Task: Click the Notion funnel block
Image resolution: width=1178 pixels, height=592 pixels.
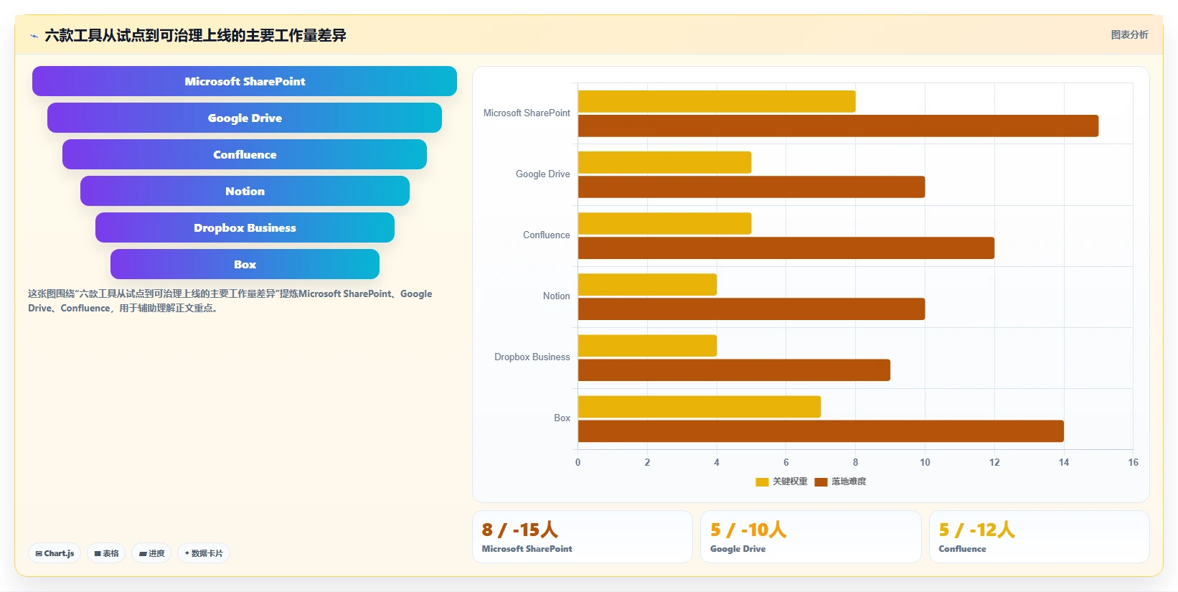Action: point(245,191)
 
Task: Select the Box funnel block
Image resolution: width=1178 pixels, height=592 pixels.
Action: point(245,264)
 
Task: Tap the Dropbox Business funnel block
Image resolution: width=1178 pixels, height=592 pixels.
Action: point(245,227)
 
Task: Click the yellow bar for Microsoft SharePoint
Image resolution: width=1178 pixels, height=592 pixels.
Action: point(716,102)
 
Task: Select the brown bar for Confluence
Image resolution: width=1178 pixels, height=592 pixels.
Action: point(786,248)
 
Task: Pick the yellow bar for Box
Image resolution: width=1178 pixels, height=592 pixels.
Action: point(699,407)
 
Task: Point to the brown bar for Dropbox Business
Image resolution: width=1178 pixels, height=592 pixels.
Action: point(734,370)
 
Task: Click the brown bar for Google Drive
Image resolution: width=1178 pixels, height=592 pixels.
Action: point(752,187)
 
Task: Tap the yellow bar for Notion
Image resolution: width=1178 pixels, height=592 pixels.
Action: point(647,285)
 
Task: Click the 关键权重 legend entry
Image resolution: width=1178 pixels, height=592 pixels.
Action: point(781,481)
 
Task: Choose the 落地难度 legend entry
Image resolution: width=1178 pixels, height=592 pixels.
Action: point(840,481)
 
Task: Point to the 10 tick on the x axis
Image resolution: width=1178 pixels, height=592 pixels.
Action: point(925,462)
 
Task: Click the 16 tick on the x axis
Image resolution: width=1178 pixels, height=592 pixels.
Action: point(1133,462)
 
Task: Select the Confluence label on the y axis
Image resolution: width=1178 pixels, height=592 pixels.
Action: point(546,235)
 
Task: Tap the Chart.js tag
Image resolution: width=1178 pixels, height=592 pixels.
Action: point(55,553)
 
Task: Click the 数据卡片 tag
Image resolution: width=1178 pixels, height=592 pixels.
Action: point(204,553)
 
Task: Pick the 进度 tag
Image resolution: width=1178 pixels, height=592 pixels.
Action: point(151,553)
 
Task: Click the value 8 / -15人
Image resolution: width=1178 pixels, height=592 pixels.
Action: point(519,530)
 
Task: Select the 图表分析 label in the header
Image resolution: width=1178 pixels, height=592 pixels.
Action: point(1129,34)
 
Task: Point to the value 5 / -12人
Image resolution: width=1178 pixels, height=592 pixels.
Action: point(976,530)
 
